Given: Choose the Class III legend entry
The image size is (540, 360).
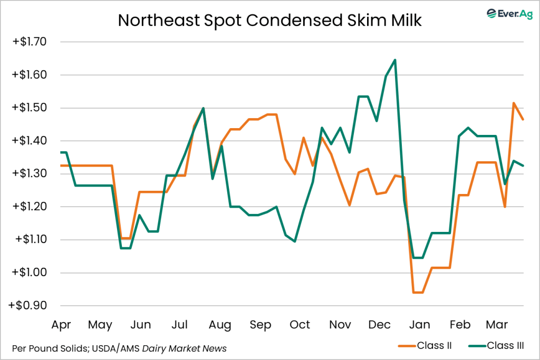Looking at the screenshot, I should (x=496, y=346).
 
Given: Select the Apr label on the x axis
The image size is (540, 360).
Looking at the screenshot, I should (x=61, y=325).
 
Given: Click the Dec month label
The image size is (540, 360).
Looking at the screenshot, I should (x=380, y=325).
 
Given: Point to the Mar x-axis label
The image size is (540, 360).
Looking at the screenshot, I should (x=497, y=325).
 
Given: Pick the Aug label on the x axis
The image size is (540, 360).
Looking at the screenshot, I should (x=219, y=325).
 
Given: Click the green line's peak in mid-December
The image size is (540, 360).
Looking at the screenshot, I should (x=395, y=60).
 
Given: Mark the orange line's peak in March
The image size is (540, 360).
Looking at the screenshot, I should (x=514, y=103).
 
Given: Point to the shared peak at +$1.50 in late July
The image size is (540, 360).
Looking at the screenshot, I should (x=204, y=108).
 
